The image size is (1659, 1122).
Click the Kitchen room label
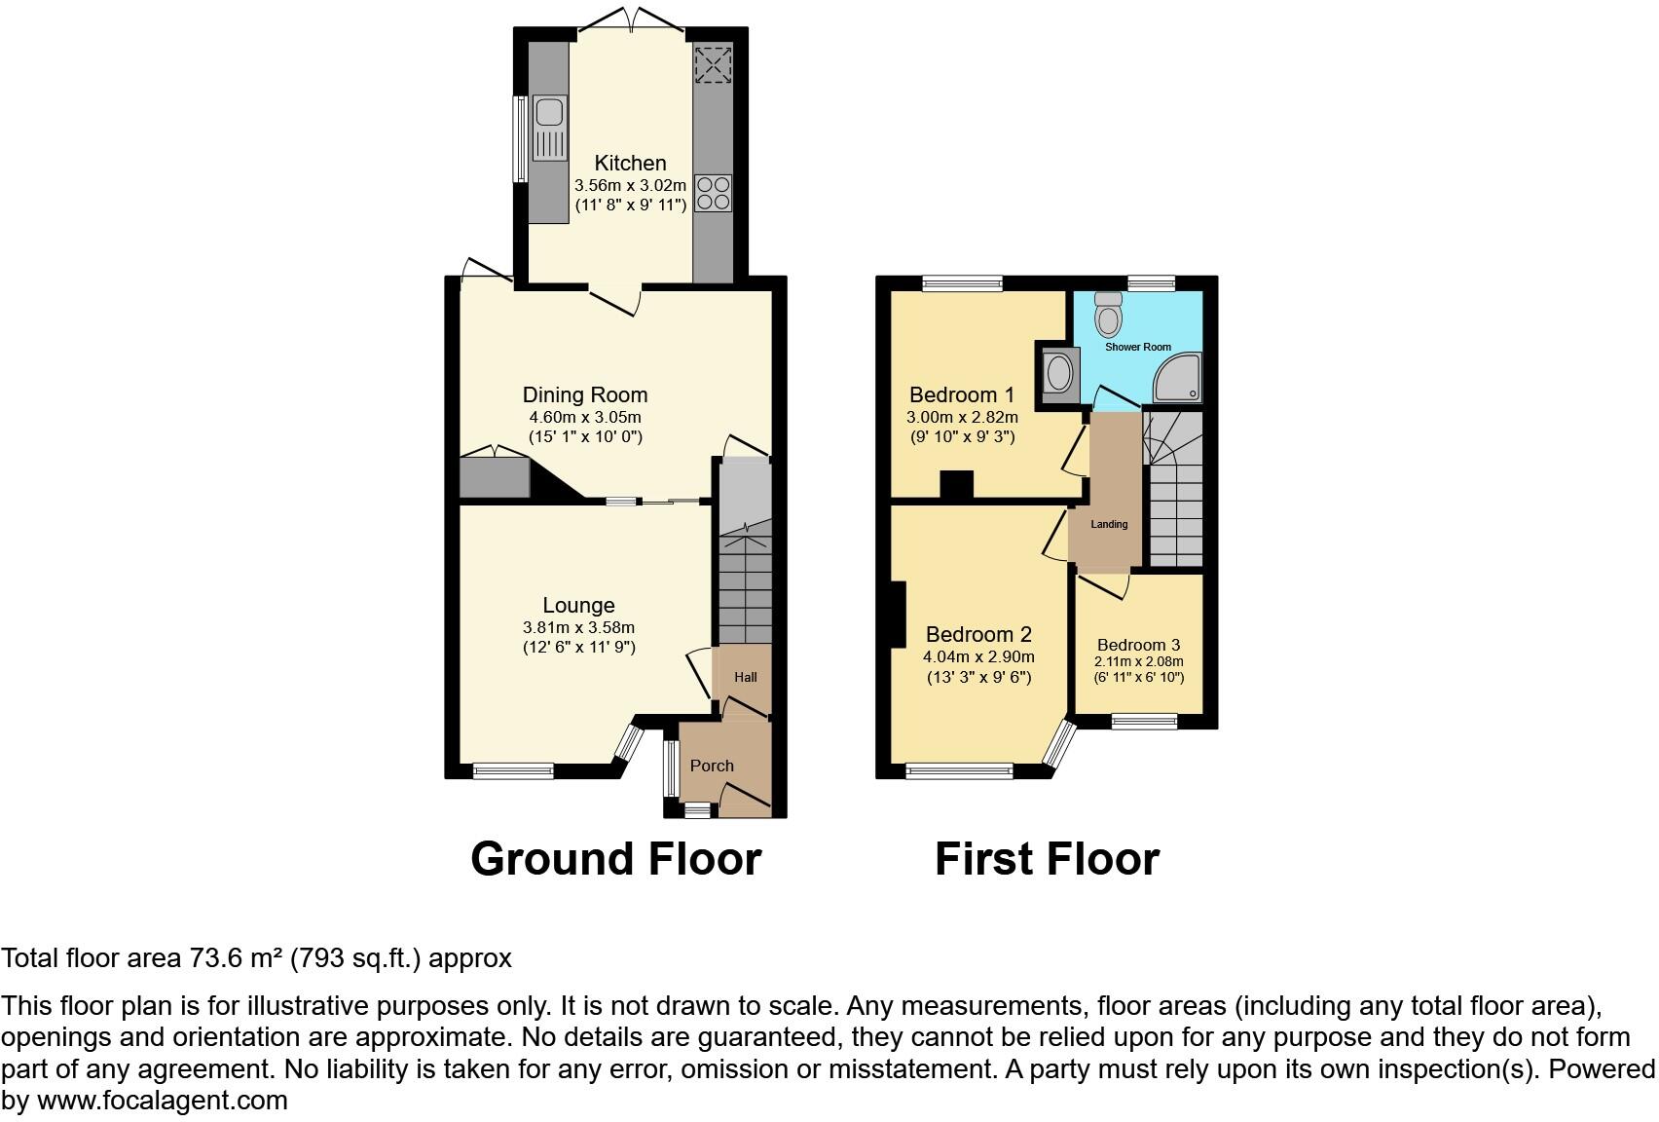coord(630,164)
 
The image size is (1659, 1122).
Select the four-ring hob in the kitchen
coord(713,192)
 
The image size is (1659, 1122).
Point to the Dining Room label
coord(584,394)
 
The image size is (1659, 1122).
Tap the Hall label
coord(745,677)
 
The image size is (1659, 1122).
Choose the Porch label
coord(712,766)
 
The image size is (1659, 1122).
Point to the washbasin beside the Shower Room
coord(1056,372)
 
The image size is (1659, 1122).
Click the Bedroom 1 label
coord(961,394)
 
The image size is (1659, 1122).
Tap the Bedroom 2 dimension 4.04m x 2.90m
coord(978,656)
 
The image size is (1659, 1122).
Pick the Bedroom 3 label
coord(1138,645)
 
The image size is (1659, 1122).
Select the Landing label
coord(1109,524)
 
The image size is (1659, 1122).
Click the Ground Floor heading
coord(615,859)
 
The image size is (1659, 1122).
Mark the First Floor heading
coord(1047,859)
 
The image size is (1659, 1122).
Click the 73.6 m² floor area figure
coord(226,958)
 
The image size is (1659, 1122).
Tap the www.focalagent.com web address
coord(162,1101)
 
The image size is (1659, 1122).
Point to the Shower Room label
coord(1137,347)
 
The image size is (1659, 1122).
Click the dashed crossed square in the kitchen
coord(713,65)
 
